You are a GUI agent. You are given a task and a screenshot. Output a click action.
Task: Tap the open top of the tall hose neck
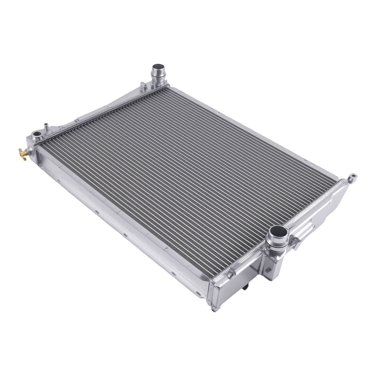pos(157,69)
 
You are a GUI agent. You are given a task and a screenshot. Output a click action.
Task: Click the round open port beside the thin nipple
pos(37,134)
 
